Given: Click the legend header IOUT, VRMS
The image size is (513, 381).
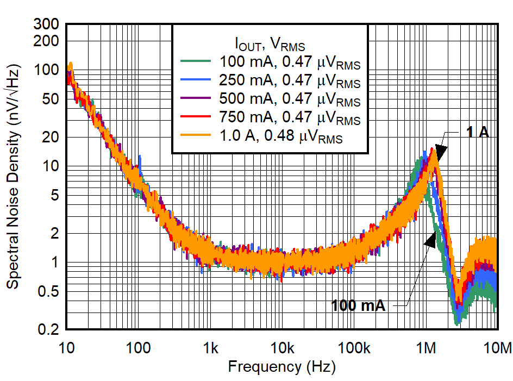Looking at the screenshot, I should point(270,42).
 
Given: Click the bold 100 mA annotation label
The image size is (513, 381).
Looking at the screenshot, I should point(359,305).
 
